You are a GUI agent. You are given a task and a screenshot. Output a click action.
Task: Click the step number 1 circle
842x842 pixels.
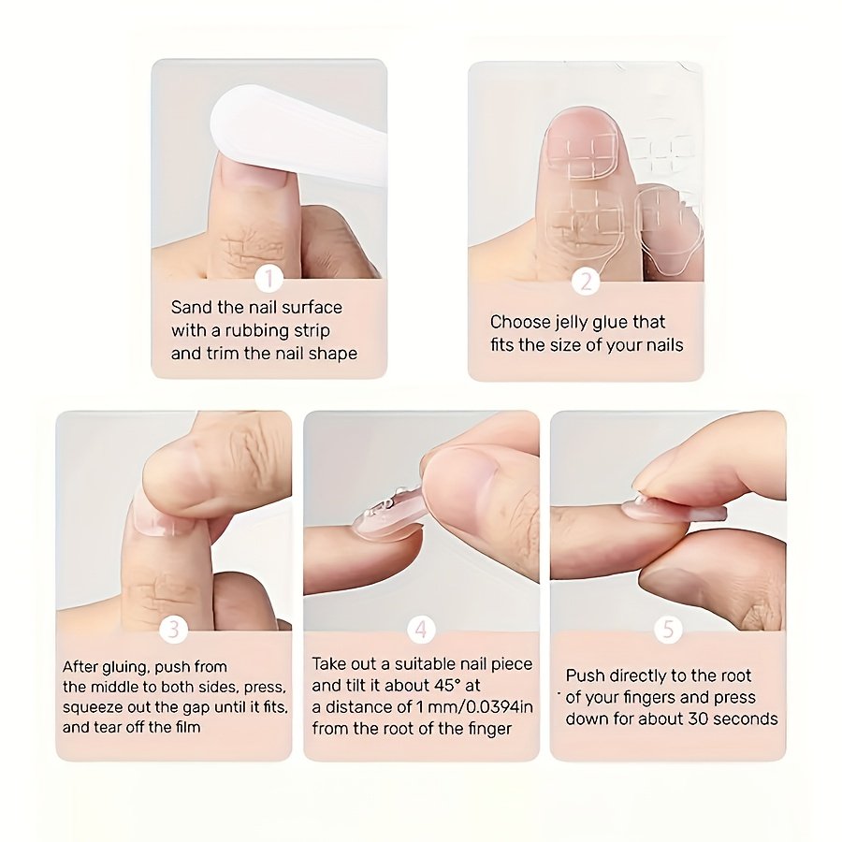[269, 279]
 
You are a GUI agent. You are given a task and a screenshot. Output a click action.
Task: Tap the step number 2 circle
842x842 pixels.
[586, 282]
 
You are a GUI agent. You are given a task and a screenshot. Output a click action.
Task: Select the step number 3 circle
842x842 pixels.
[173, 629]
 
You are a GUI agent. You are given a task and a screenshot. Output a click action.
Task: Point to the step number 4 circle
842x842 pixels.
[421, 629]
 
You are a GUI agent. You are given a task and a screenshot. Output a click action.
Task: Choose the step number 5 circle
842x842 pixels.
[668, 629]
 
